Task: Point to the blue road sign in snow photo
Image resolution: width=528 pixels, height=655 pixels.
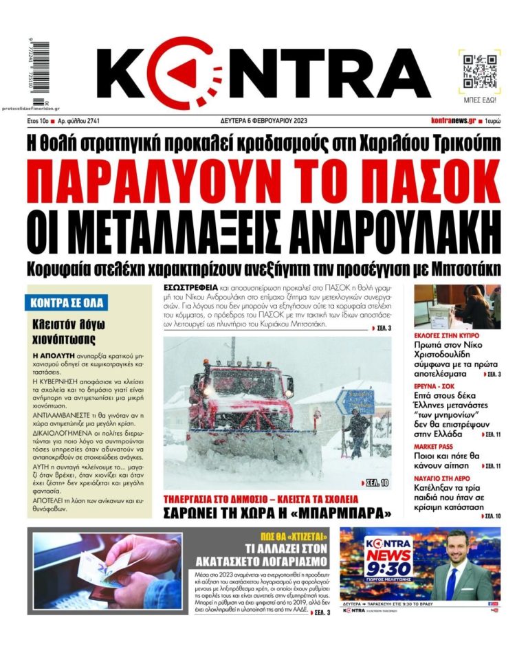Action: [355, 401]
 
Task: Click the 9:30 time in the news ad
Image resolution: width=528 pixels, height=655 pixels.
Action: [388, 568]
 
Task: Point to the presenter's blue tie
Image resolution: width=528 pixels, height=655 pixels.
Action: [452, 583]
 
